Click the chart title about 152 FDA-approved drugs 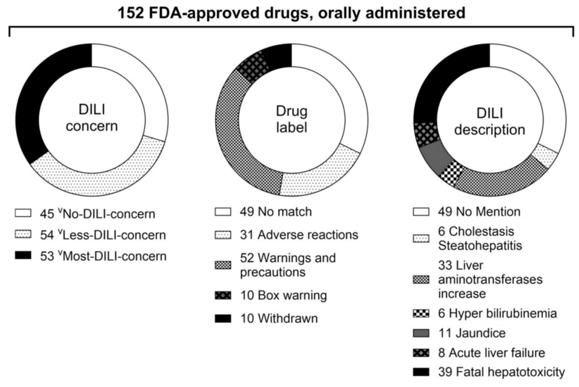click(x=291, y=13)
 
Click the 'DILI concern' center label click(x=92, y=118)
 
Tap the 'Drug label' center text click(x=291, y=119)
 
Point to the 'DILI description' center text click(x=490, y=121)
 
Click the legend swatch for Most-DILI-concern click(x=23, y=255)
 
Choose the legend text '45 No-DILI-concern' click(x=97, y=214)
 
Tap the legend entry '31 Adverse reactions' click(x=299, y=235)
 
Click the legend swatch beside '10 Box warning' click(x=223, y=295)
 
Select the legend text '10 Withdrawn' click(x=279, y=318)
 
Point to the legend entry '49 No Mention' click(x=480, y=212)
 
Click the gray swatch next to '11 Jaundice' click(x=421, y=333)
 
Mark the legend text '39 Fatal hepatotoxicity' click(x=501, y=372)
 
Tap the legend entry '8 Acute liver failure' click(x=491, y=353)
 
